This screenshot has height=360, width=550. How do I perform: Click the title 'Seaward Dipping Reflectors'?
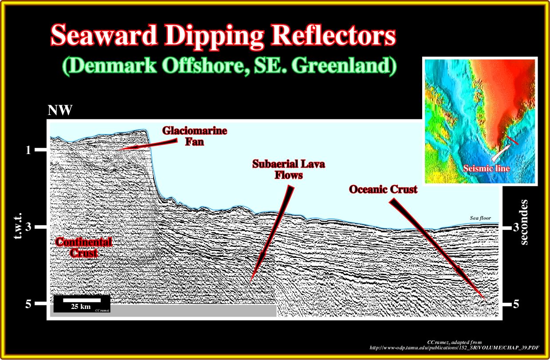pos(223,35)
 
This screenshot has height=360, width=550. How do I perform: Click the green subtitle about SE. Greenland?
pos(229,66)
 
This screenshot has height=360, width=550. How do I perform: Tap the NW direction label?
pos(60,110)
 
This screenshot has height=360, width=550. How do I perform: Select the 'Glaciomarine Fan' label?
pos(194,136)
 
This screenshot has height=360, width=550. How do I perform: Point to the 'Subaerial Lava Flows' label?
pos(289,170)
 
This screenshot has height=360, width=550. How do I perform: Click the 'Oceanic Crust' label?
pos(383,190)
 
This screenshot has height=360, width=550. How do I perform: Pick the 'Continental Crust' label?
pos(83,247)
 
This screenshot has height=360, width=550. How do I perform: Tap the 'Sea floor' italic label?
pos(480,218)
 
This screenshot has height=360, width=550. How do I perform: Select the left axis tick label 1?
pos(28,150)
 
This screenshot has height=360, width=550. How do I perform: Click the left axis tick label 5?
pos(28,304)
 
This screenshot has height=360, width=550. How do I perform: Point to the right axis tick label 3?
pos(516,227)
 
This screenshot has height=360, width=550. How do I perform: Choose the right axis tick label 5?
pos(516,304)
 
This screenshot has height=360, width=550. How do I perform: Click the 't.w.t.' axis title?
pos(18,226)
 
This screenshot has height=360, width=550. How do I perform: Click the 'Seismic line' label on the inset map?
pos(487,168)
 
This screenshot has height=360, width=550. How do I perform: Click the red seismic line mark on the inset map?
pos(512,140)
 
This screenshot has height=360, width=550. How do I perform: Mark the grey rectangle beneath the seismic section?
pos(163,311)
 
